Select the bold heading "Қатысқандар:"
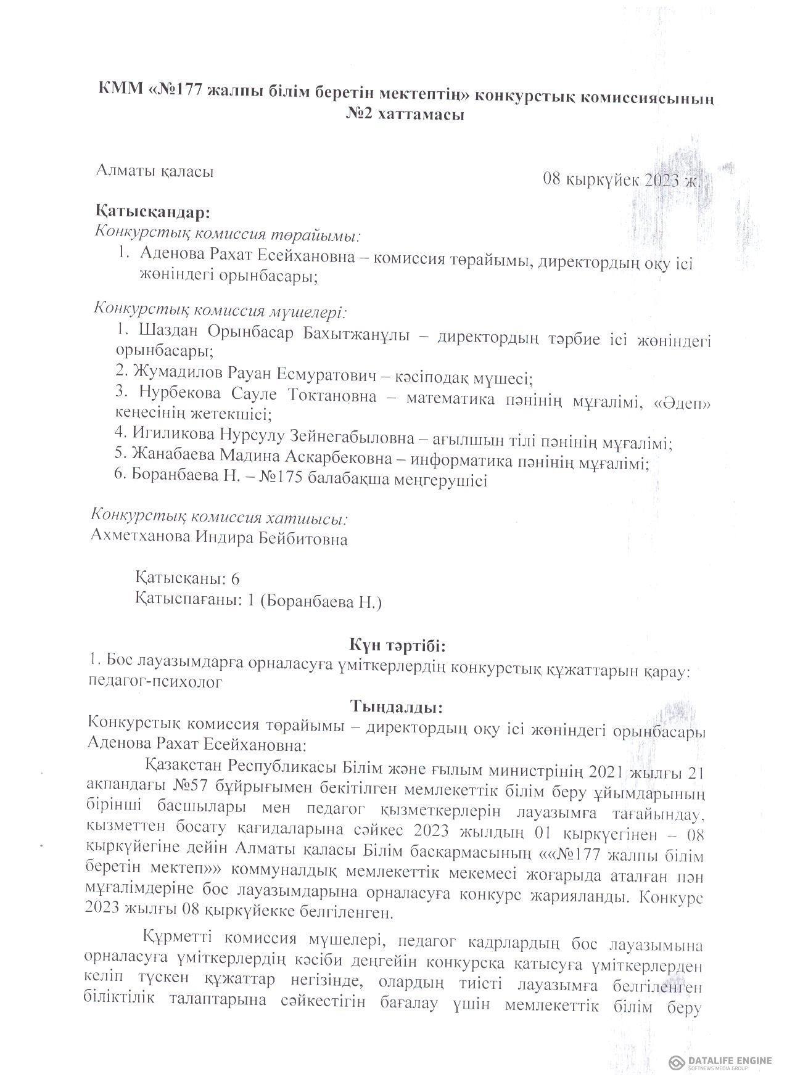(153, 212)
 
